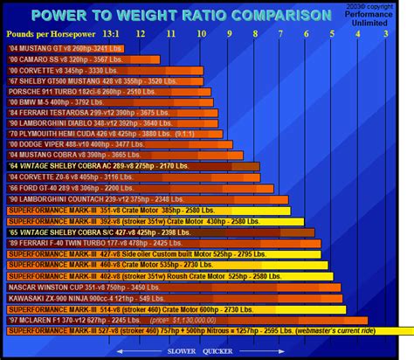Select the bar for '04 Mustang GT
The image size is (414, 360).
[71, 47]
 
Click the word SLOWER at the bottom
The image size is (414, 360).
[168, 350]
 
